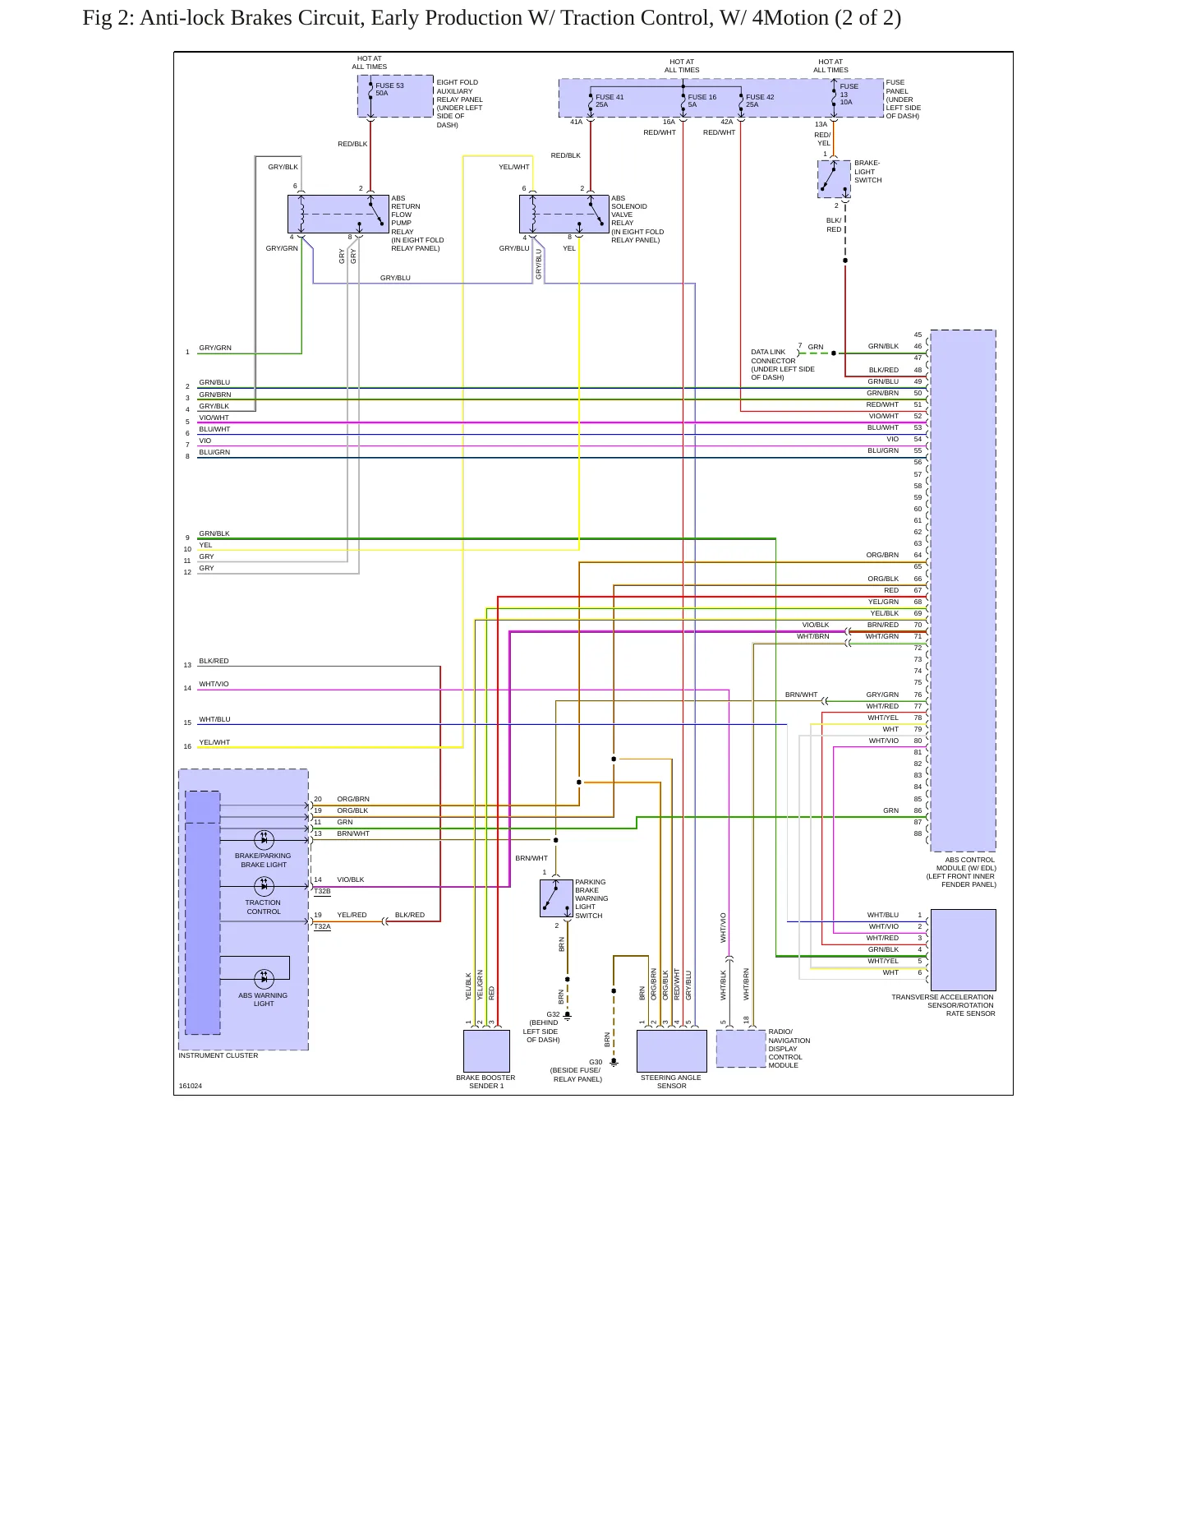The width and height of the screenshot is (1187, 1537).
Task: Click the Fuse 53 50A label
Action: tap(389, 90)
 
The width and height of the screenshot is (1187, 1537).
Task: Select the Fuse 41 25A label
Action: tap(610, 101)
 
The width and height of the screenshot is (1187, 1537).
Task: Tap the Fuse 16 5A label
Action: tap(702, 101)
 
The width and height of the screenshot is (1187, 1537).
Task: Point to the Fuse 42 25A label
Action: tap(760, 101)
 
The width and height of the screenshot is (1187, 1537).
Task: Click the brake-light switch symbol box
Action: tap(834, 179)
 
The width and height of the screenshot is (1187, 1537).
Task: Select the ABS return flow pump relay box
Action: tap(338, 215)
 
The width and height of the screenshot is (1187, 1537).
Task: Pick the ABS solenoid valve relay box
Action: tap(564, 215)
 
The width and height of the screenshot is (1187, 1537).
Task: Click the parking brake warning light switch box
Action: tap(556, 898)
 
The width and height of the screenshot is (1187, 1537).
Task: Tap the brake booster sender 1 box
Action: tap(486, 1051)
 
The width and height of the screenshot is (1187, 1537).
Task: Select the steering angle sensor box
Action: tap(672, 1051)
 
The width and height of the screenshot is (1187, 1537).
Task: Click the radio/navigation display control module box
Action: tap(741, 1049)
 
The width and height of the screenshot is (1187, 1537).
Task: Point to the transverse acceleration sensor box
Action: tap(963, 950)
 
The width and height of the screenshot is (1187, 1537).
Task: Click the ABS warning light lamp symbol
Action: tap(264, 978)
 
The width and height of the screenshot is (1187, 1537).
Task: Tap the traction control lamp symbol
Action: tap(264, 886)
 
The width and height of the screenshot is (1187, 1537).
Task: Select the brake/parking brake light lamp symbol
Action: tap(264, 839)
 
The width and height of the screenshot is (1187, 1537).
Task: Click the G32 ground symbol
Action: tap(567, 1015)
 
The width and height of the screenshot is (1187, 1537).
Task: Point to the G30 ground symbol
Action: tap(614, 1062)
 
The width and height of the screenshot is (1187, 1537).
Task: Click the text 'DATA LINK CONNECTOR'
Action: tap(773, 356)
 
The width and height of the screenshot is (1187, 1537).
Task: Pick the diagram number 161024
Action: tap(191, 1086)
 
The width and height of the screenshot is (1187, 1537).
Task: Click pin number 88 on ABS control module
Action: tap(918, 833)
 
